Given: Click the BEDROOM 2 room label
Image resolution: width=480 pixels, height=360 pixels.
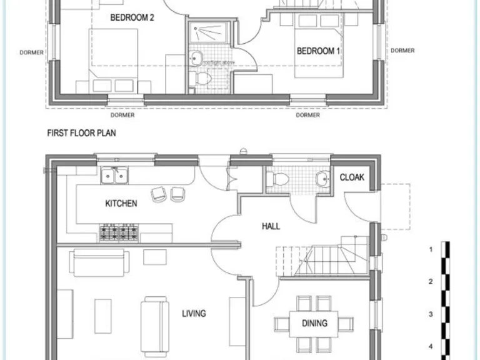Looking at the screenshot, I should pyautogui.click(x=132, y=18).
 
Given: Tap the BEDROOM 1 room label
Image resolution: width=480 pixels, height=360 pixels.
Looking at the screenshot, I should pyautogui.click(x=318, y=51).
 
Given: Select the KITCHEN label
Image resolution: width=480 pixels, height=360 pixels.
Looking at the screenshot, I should pyautogui.click(x=121, y=203).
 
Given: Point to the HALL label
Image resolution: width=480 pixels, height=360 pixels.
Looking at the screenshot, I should pyautogui.click(x=271, y=227).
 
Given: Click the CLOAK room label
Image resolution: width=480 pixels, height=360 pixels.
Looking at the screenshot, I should pyautogui.click(x=352, y=177).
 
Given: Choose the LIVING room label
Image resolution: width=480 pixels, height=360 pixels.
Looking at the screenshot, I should pyautogui.click(x=194, y=313).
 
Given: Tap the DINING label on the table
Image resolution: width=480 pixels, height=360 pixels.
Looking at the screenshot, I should pyautogui.click(x=314, y=323).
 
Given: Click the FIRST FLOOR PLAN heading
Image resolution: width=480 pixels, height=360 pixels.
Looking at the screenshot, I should pyautogui.click(x=82, y=133).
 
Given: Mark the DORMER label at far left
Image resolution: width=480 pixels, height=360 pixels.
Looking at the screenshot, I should pyautogui.click(x=32, y=52).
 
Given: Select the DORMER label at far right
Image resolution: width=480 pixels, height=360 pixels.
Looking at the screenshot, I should pyautogui.click(x=402, y=51).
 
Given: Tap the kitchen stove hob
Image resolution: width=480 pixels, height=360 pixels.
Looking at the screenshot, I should pyautogui.click(x=118, y=233).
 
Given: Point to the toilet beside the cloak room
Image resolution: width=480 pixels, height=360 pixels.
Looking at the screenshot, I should pyautogui.click(x=278, y=180).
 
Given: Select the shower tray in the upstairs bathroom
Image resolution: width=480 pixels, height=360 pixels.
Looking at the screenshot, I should pyautogui.click(x=209, y=31).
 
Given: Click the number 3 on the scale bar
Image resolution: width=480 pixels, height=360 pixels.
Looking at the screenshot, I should pyautogui.click(x=430, y=314).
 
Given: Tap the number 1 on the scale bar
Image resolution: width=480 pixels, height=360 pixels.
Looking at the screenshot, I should pyautogui.click(x=430, y=249).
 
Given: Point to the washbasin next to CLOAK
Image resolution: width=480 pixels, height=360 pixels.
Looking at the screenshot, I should pyautogui.click(x=323, y=179).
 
